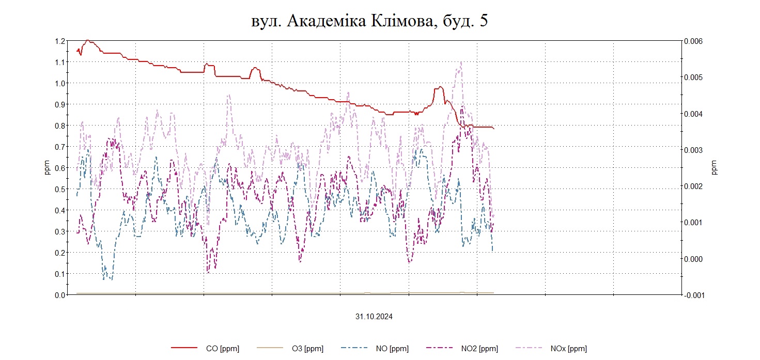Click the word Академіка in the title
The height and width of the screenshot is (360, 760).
point(325,21)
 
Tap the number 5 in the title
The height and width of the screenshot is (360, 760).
point(484,21)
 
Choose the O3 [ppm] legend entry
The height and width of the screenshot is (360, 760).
point(307,349)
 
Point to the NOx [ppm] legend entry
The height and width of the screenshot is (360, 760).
point(568,349)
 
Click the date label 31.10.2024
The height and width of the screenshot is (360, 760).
point(374,317)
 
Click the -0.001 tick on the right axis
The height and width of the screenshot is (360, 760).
point(692,295)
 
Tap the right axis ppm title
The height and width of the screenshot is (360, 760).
point(715,168)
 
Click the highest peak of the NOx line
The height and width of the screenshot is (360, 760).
point(460,62)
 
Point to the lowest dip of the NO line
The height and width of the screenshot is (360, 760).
point(105,279)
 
